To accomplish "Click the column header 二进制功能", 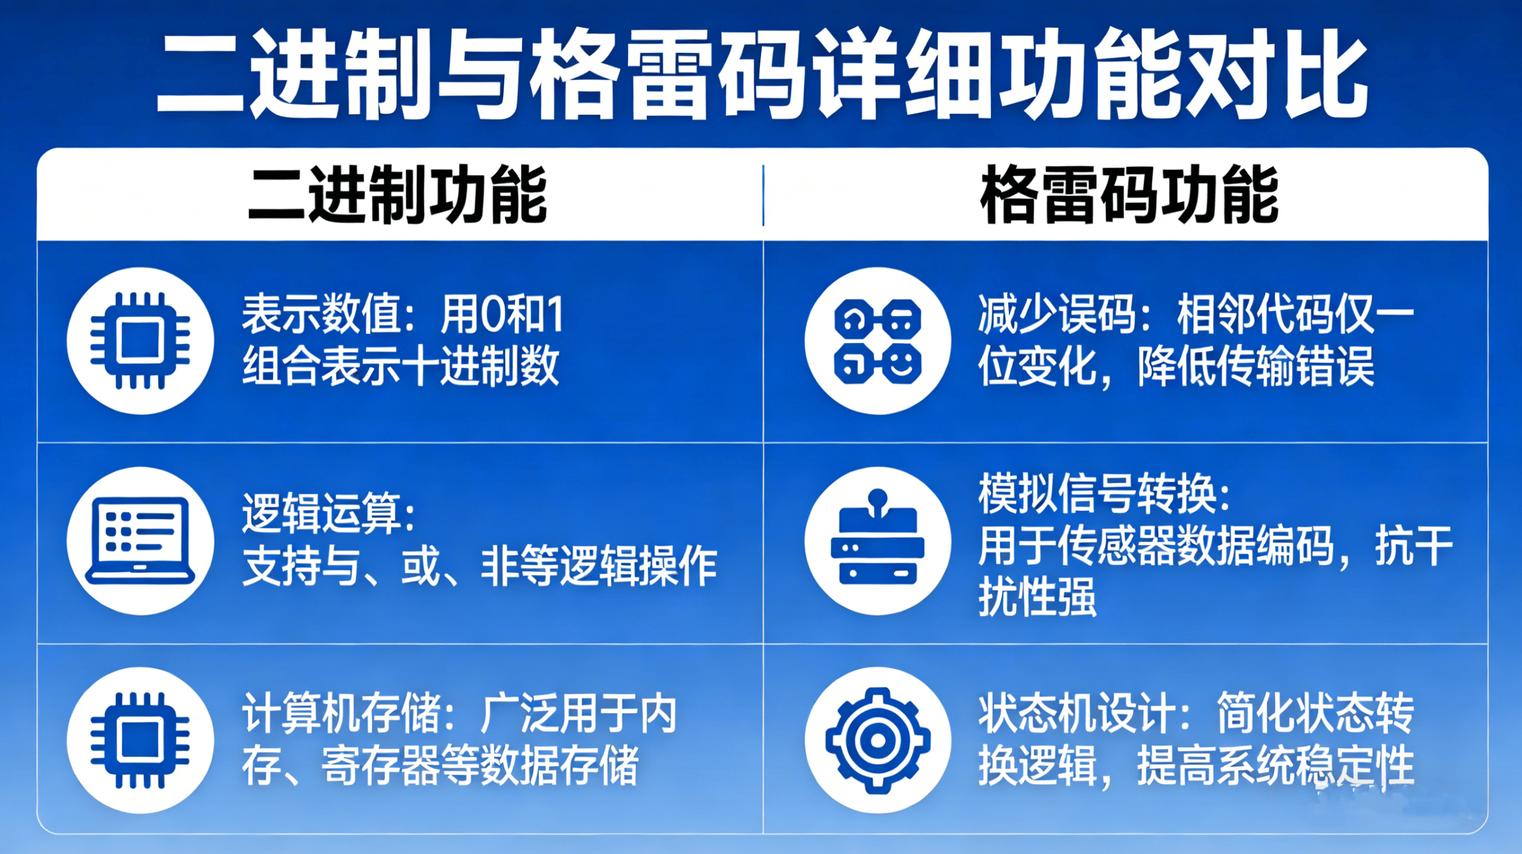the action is click(x=397, y=195).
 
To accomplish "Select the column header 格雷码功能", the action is click(x=1129, y=195).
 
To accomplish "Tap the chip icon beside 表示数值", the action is click(x=140, y=341).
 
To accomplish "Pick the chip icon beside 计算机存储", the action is click(x=140, y=740).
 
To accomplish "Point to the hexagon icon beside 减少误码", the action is click(x=878, y=341).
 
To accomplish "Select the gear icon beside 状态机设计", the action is click(x=878, y=740).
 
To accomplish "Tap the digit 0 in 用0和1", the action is click(x=495, y=315).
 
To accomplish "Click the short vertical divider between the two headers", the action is click(x=763, y=196).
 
